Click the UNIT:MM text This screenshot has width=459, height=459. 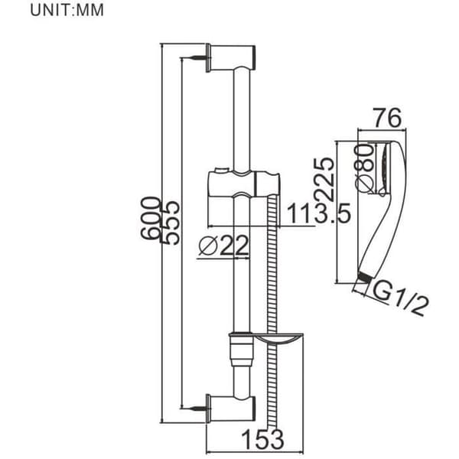click(67, 10)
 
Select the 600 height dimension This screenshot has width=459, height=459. click(151, 218)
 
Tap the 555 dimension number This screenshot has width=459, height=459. click(170, 223)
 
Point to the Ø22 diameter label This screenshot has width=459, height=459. click(223, 246)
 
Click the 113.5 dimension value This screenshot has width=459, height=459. click(319, 213)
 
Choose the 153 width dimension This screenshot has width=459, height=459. click(262, 439)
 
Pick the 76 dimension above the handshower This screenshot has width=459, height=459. click(388, 118)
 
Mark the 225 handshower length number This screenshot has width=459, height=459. click(324, 179)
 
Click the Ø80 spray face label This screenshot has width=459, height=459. click(364, 168)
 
